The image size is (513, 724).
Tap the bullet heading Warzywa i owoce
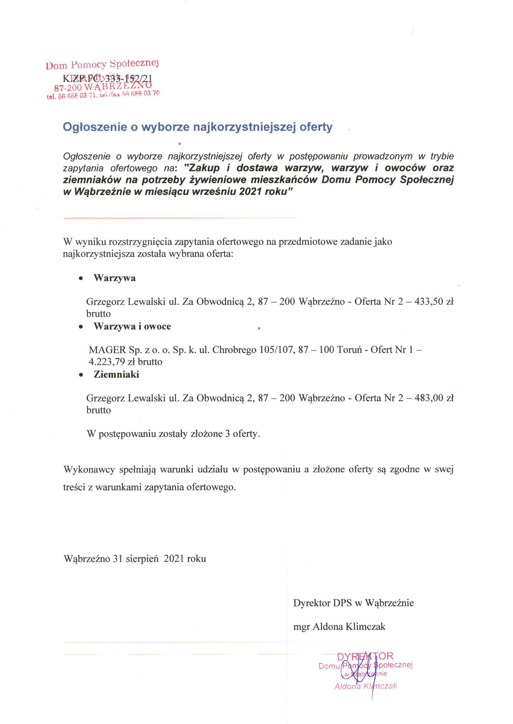pos(132,326)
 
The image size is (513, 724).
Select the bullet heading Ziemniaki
pos(116,375)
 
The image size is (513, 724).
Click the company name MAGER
pos(107,350)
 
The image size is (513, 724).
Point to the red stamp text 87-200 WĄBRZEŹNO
pos(103,86)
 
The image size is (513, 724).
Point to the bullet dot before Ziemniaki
pos(81,375)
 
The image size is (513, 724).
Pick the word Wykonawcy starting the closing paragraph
pos(89,470)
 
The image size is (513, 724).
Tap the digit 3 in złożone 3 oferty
pos(227,434)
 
